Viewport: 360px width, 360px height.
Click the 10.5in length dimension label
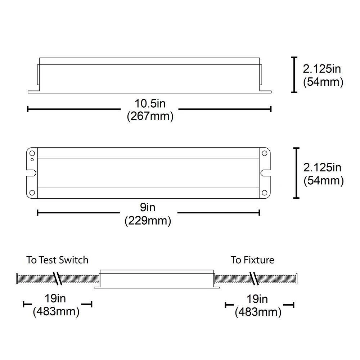pyautogui.click(x=150, y=104)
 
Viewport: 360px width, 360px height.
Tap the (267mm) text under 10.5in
pyautogui.click(x=150, y=116)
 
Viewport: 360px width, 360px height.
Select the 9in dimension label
pyautogui.click(x=148, y=207)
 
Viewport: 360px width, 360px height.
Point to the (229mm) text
pyautogui.click(x=148, y=221)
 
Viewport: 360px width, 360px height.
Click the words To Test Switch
pyautogui.click(x=57, y=260)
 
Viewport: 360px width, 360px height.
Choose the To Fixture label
pyautogui.click(x=252, y=260)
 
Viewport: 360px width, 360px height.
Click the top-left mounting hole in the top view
pyautogui.click(x=32, y=153)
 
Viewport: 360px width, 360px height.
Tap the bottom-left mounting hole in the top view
pyautogui.click(x=32, y=192)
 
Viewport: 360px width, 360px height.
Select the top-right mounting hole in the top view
pyautogui.click(x=265, y=153)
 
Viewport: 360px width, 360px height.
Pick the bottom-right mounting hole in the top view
pyautogui.click(x=265, y=192)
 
